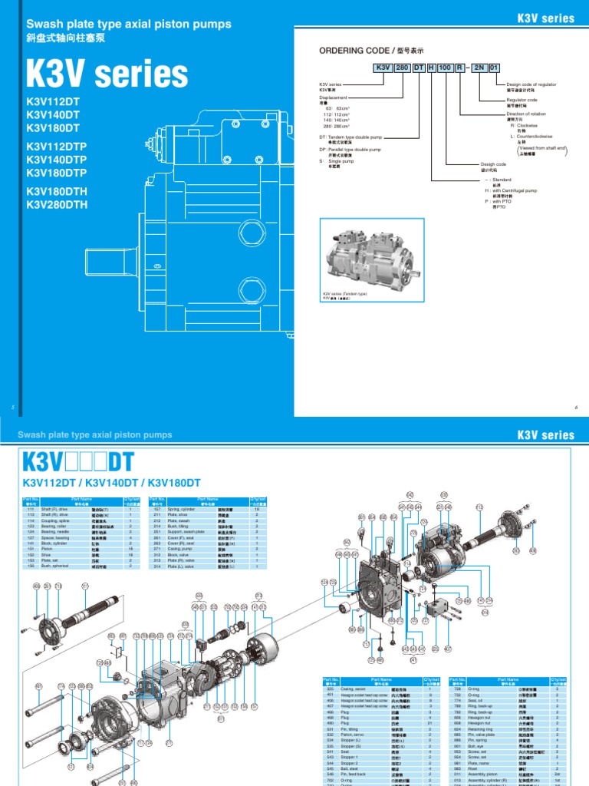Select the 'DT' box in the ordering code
point(419,68)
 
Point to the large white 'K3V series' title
point(107,74)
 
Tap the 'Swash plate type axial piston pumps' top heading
point(128,25)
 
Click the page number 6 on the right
point(576,406)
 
